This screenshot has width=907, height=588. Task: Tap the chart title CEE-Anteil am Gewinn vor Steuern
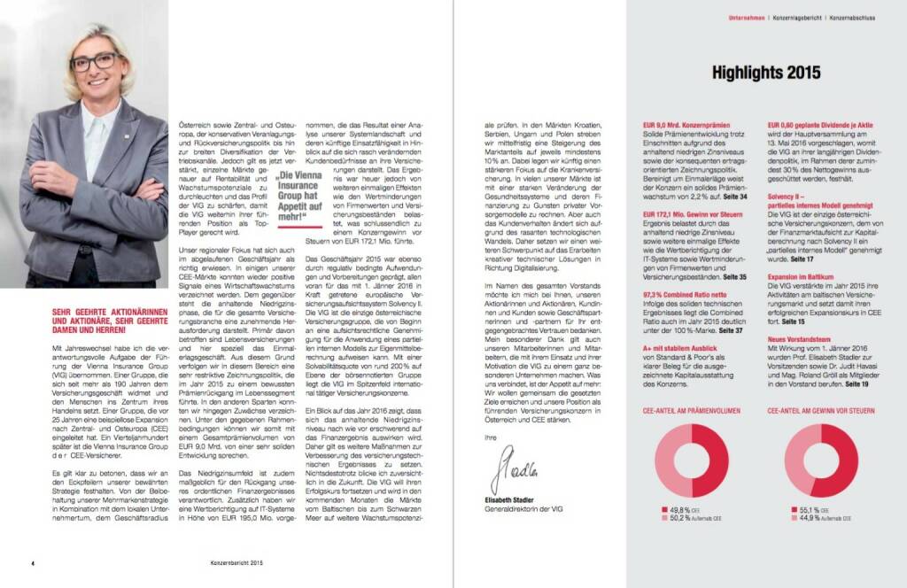click(x=823, y=412)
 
